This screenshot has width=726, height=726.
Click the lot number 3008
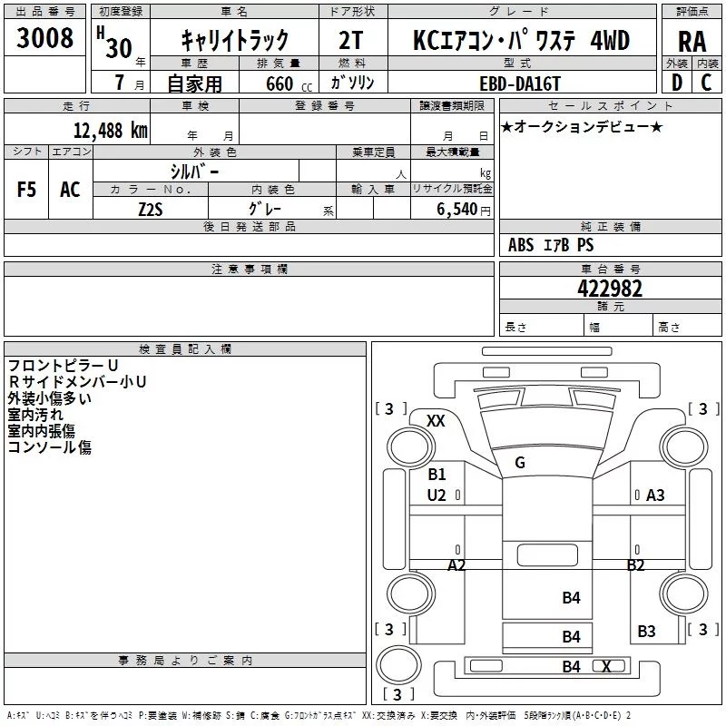pos(44,40)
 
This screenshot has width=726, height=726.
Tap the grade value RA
pos(692,42)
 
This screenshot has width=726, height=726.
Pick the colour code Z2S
pos(151,208)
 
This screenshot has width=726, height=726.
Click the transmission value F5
pos(27,190)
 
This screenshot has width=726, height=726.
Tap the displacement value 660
pos(280,83)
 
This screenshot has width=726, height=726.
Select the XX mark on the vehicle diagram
pos(436,420)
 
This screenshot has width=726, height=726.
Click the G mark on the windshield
pos(520,463)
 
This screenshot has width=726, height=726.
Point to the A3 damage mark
pos(655,495)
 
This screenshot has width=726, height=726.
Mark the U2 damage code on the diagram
pos(437,495)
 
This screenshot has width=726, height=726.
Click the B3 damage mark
pos(646,631)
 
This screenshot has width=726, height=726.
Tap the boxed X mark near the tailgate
pos(606,666)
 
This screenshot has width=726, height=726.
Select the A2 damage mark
pos(457,564)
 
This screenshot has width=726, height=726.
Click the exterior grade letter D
pos(676,83)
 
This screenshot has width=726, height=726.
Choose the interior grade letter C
pos(706,83)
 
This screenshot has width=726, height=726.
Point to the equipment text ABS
pos(521,245)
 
